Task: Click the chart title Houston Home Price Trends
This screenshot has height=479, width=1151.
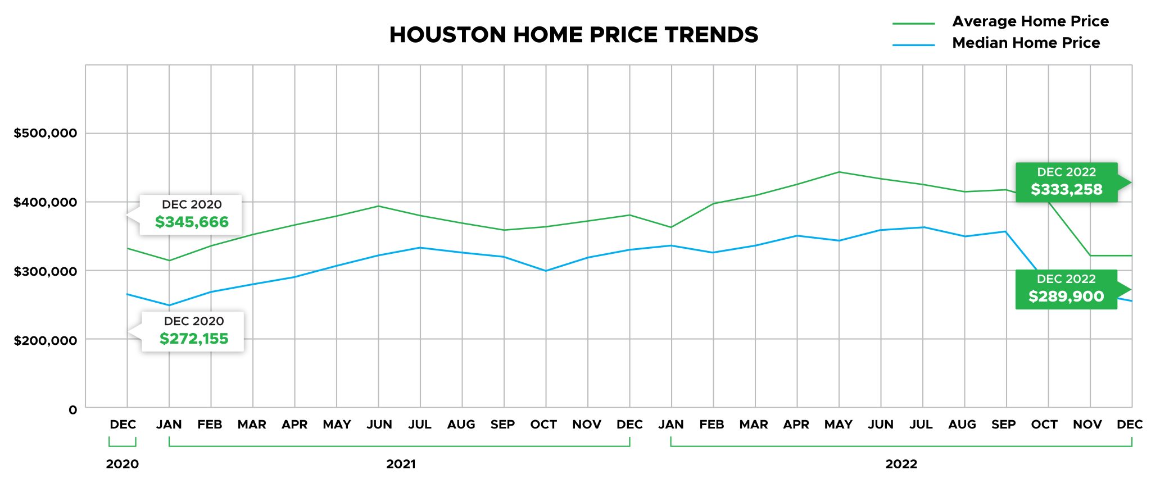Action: (x=573, y=35)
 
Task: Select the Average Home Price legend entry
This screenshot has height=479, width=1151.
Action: (x=1030, y=21)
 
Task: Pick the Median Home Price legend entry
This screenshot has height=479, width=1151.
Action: (x=1026, y=43)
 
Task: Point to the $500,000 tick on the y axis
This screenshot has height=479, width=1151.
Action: (x=46, y=133)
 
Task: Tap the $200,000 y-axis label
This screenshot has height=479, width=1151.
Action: (x=46, y=340)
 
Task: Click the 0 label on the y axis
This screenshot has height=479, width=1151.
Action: (x=73, y=410)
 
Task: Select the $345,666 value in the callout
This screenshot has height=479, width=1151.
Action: (x=192, y=222)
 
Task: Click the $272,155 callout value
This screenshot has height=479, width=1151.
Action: (x=194, y=339)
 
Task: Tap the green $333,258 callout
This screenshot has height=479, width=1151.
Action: (x=1066, y=189)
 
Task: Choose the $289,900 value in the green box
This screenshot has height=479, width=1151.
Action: (x=1066, y=296)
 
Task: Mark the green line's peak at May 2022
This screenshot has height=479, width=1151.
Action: (x=839, y=172)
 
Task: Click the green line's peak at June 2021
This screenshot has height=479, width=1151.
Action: (x=378, y=206)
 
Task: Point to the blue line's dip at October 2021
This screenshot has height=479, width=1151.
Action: (x=546, y=271)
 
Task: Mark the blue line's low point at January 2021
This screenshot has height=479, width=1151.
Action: (x=169, y=305)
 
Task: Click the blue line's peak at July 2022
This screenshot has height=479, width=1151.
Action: (x=922, y=227)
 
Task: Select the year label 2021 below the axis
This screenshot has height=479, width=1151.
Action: (x=401, y=464)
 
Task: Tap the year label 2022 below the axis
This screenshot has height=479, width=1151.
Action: (x=901, y=464)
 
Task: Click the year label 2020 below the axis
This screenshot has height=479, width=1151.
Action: (x=122, y=464)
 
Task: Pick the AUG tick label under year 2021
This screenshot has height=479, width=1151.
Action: (x=461, y=425)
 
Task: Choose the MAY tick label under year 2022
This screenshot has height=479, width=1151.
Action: (x=838, y=425)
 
